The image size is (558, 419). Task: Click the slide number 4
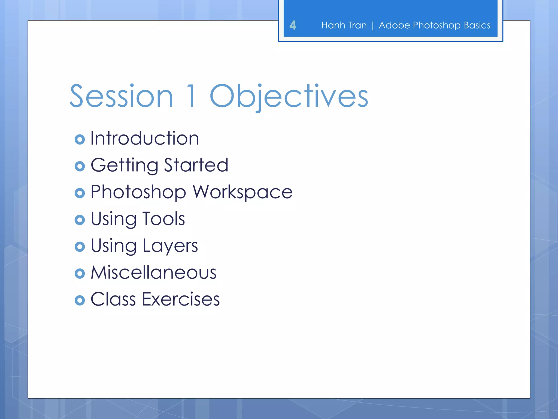(293, 25)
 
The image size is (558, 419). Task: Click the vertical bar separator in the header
(373, 26)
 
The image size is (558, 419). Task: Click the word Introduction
(145, 138)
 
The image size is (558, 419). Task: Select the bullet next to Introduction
(80, 139)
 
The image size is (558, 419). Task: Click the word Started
(196, 165)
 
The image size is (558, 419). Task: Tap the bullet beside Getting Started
(80, 166)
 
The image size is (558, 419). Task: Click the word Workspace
(242, 192)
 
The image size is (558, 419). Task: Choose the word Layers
(170, 246)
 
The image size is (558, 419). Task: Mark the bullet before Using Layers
(80, 247)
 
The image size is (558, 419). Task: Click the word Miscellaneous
(153, 273)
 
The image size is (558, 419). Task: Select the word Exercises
(181, 299)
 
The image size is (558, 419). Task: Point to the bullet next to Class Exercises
(80, 300)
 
